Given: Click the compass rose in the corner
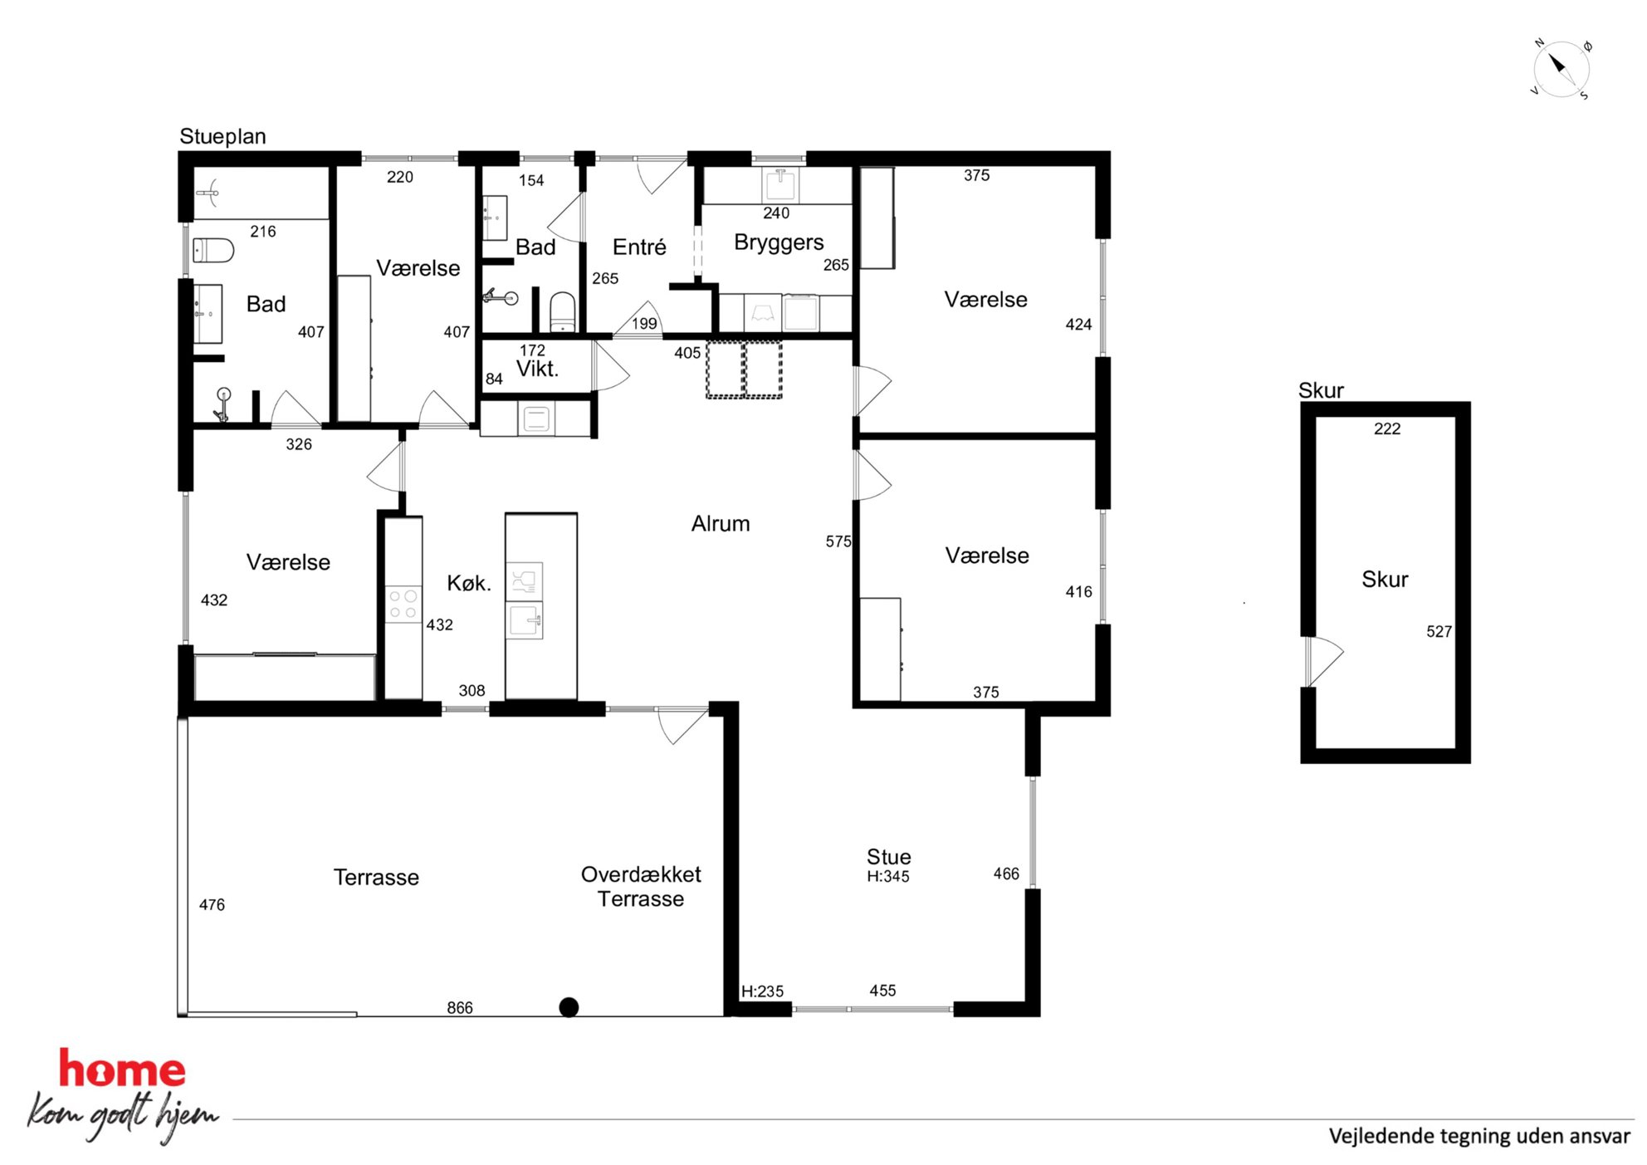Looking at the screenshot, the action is [1561, 69].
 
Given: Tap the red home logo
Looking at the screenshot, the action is [122, 1070].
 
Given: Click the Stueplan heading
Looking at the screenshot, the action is [222, 136].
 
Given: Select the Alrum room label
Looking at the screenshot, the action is [721, 523].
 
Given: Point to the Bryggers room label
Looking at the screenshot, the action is [779, 242].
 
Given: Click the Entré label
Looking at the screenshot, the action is [639, 247].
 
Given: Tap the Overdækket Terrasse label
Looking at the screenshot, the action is [641, 886].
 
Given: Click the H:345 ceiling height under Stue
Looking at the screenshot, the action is [888, 876].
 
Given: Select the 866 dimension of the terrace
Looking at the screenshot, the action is [460, 1007].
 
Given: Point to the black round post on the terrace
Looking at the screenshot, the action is [569, 1007].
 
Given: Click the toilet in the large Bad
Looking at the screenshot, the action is [213, 250].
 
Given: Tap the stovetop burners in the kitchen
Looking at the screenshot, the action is [403, 604].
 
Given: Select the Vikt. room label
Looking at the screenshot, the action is [537, 369].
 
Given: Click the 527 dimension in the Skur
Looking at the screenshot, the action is [1439, 631].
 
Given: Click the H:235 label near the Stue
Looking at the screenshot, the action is [762, 991].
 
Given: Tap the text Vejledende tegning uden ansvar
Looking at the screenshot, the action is [1479, 1136].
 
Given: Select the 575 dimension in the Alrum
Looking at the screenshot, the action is [838, 541].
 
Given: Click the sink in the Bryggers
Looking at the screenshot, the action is [780, 184].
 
